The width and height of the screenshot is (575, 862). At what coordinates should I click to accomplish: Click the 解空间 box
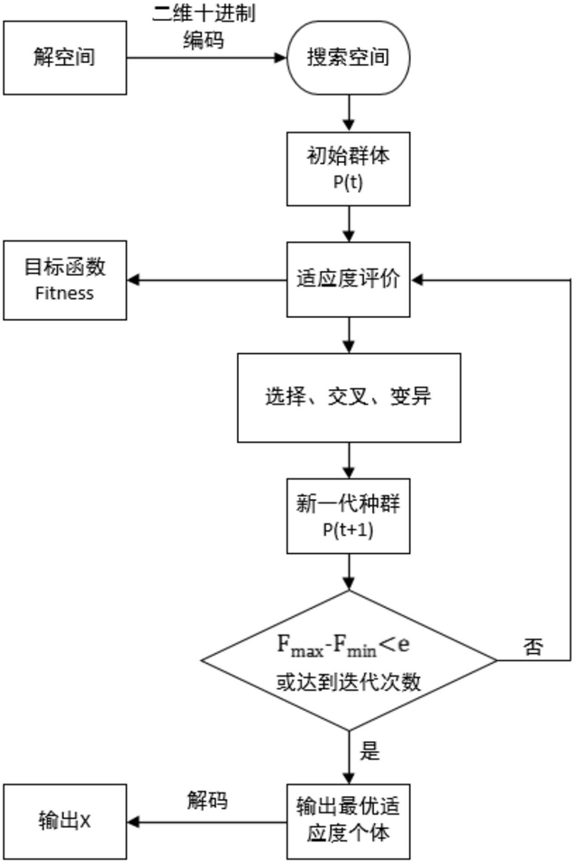pos(65,58)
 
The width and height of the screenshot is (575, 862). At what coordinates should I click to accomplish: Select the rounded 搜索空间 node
pos(348,58)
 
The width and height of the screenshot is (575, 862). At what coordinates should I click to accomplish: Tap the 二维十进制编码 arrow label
pos(204,26)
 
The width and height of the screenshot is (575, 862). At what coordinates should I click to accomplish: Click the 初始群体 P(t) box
pos(348,168)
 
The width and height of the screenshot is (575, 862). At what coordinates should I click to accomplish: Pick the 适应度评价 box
pos(348,279)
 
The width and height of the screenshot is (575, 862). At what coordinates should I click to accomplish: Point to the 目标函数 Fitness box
pos(65,280)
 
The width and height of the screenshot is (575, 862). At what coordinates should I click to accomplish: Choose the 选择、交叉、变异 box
pos(349,397)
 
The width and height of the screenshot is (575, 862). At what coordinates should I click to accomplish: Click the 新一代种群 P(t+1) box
pos(348,515)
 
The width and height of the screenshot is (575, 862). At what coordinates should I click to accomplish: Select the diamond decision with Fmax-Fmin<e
pos(349,660)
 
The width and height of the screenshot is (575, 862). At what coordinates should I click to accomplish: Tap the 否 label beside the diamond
pos(534,647)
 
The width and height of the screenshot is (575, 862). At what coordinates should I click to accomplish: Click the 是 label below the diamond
pos(370,749)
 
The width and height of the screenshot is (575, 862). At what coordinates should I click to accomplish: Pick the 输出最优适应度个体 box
pos(348,821)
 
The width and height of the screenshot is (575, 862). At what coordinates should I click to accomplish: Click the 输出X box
pos(65,821)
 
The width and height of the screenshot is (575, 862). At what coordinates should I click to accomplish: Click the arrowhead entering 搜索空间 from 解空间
pos(280,58)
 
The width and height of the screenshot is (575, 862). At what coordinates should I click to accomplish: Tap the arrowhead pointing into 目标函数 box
pos(133,280)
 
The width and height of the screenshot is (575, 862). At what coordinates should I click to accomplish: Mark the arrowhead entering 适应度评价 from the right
pos(417,280)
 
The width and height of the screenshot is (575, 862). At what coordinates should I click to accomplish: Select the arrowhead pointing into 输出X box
pos(133,822)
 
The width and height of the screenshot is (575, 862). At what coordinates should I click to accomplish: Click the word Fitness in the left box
pos(64,293)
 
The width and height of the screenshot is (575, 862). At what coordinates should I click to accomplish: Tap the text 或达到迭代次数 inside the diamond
pos(348,682)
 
